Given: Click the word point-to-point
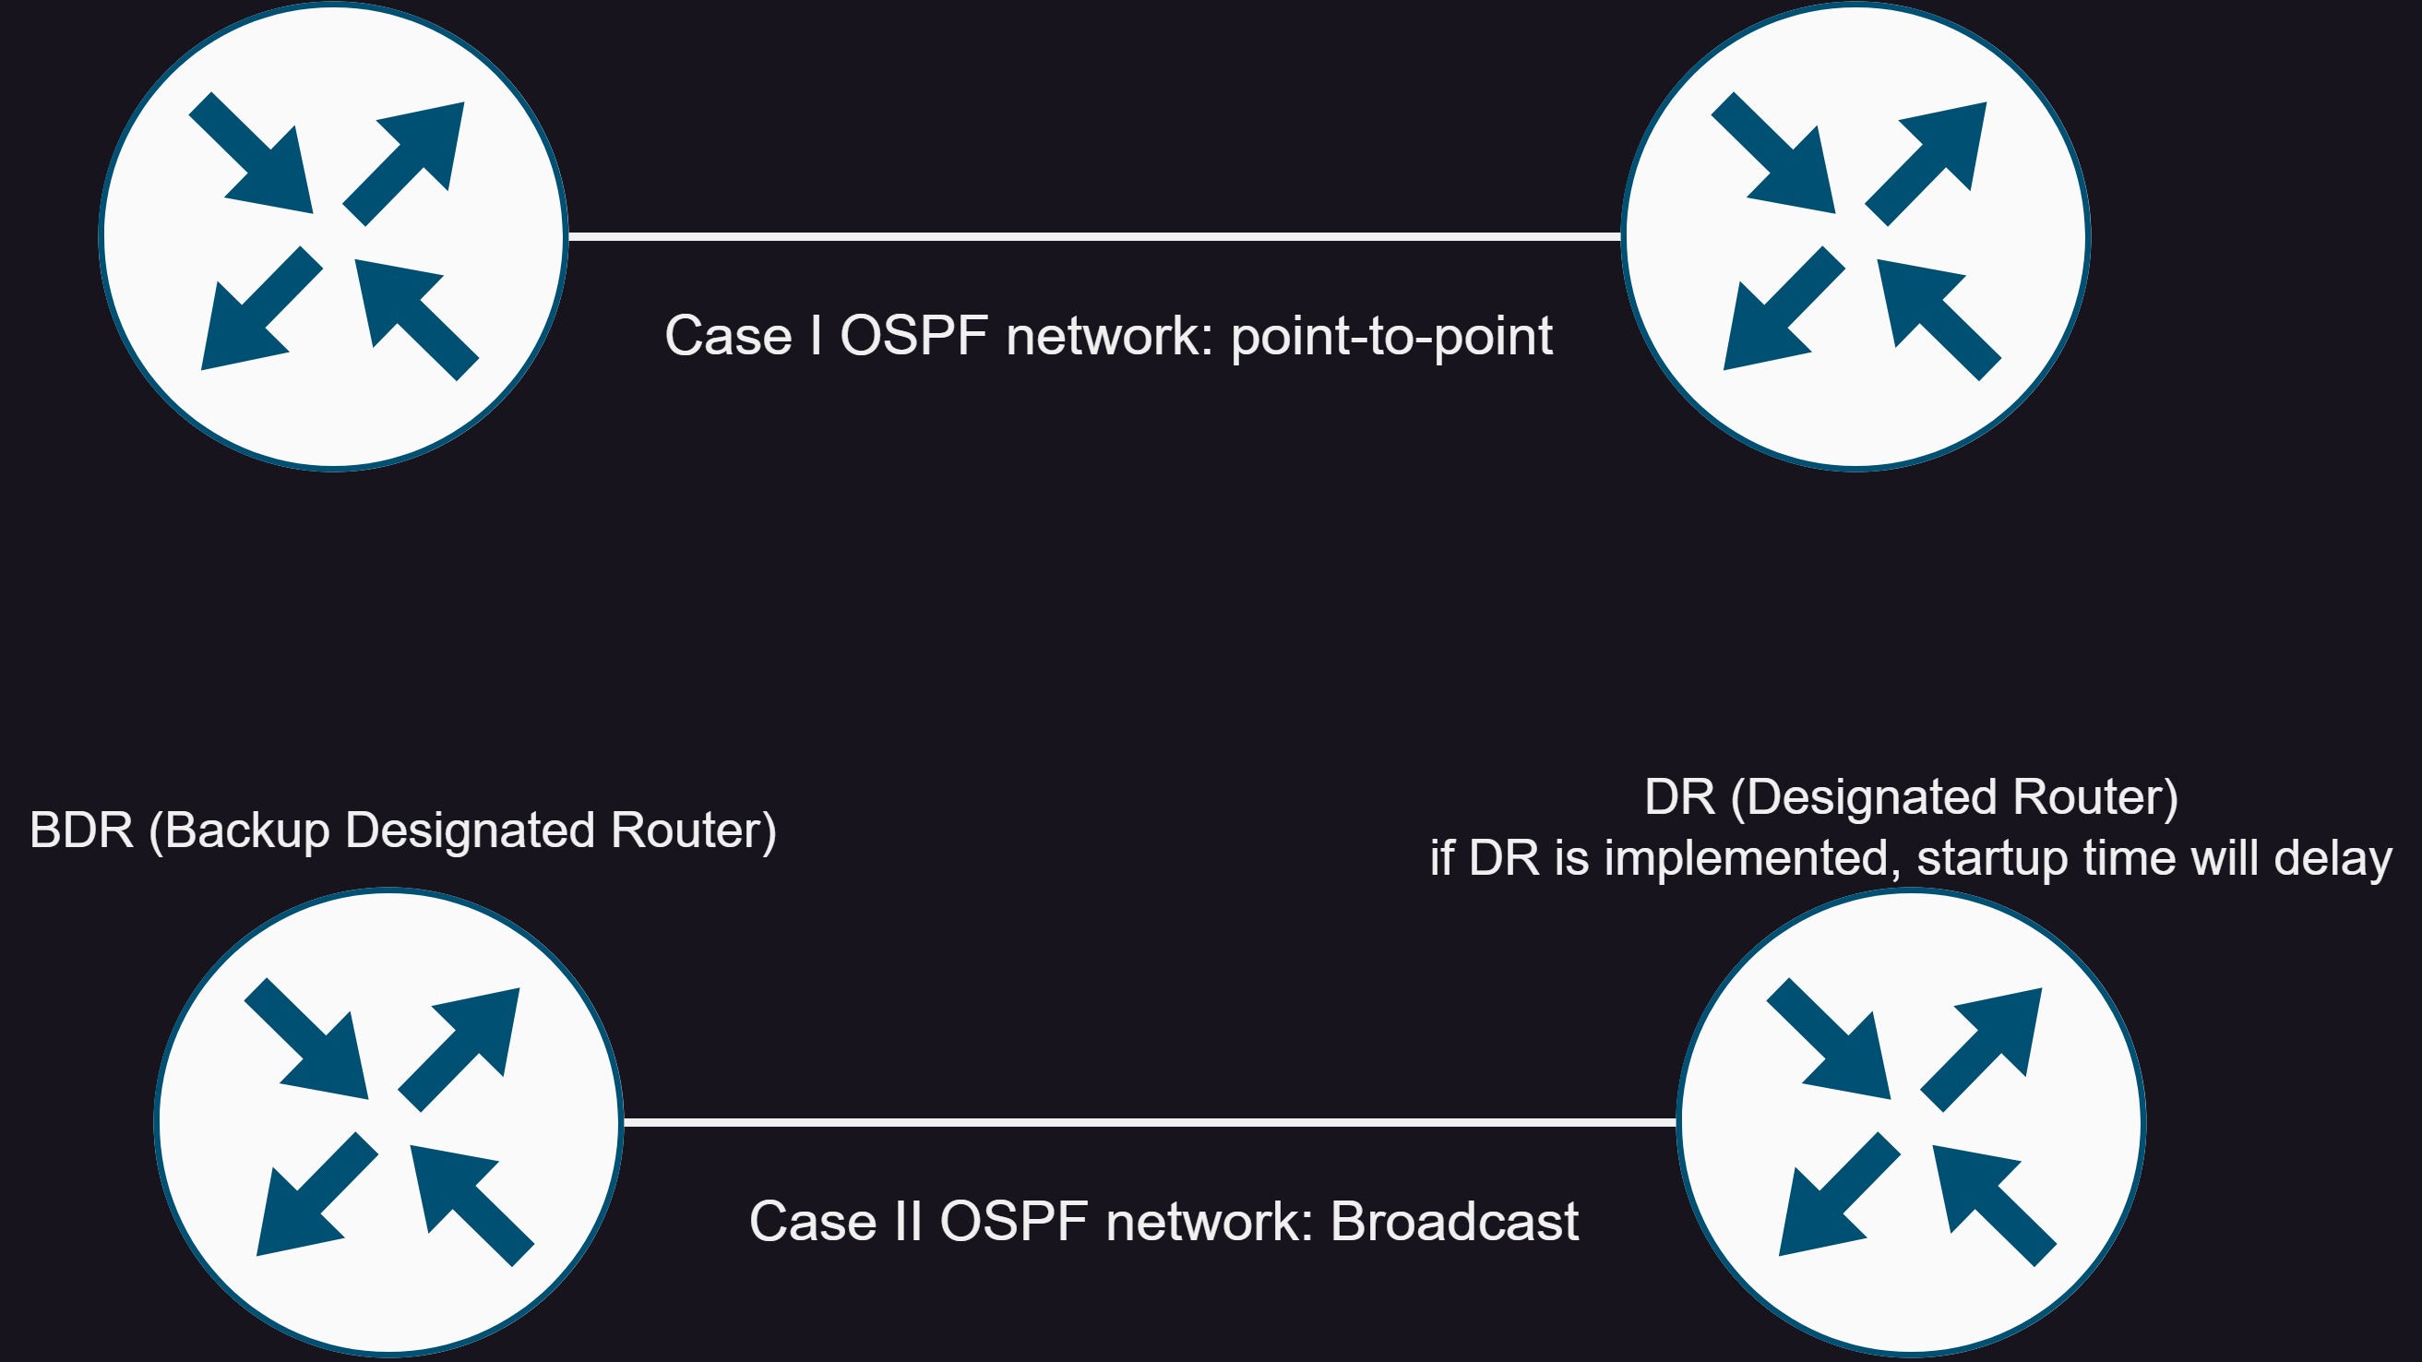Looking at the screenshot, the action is [x=1391, y=337].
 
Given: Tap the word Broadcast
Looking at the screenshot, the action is [x=1454, y=1222].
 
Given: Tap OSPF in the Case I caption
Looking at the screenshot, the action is [x=913, y=336].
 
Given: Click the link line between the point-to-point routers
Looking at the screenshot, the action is [x=1094, y=236].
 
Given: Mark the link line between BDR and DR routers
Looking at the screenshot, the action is [x=1150, y=1122].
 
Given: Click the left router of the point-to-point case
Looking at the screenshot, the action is [x=334, y=236].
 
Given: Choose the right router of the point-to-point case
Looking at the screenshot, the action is [x=1856, y=236].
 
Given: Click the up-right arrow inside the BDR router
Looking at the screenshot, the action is [x=459, y=1050].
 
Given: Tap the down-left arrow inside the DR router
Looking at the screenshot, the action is [x=1839, y=1195].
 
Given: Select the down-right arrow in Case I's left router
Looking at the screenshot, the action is [x=251, y=152].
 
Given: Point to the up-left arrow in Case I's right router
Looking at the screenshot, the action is [x=1939, y=321].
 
